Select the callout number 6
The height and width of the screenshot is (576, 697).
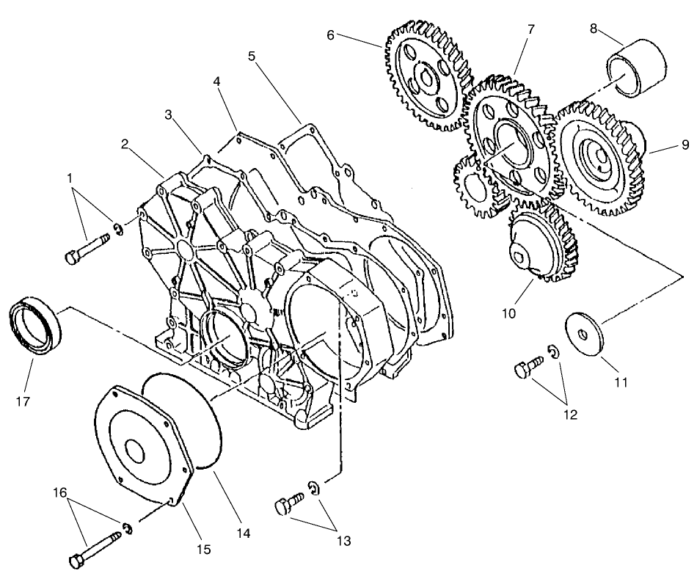(x=331, y=34)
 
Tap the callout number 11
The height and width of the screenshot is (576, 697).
(x=621, y=382)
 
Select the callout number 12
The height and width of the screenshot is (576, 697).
(x=570, y=415)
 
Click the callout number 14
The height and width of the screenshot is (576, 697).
(x=244, y=533)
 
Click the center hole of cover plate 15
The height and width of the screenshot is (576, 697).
(x=135, y=450)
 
